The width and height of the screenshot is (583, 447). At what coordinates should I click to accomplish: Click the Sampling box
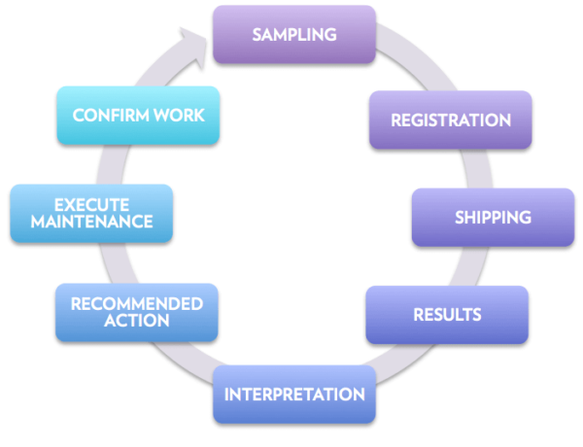(294, 35)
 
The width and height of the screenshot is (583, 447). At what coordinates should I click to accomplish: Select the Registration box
(451, 120)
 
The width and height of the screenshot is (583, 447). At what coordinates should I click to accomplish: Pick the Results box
(447, 315)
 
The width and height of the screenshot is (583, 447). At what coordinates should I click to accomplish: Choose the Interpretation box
(294, 395)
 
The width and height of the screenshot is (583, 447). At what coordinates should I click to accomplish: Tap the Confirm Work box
(139, 115)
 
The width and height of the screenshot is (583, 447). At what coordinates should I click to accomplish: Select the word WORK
(182, 115)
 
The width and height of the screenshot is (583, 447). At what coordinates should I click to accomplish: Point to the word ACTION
(136, 322)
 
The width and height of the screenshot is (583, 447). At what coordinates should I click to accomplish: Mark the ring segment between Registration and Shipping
(473, 168)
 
